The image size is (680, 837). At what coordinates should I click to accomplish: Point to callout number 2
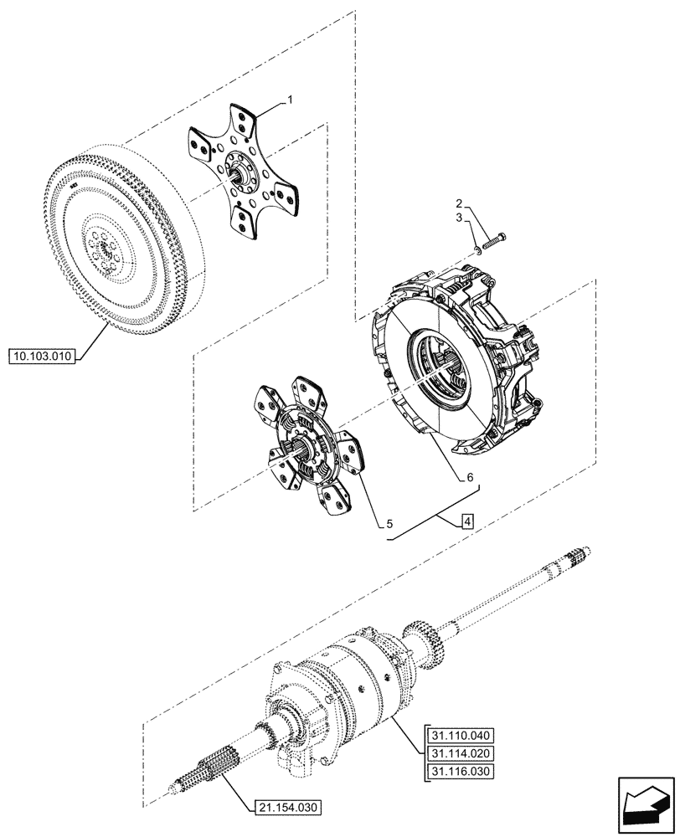click(459, 203)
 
